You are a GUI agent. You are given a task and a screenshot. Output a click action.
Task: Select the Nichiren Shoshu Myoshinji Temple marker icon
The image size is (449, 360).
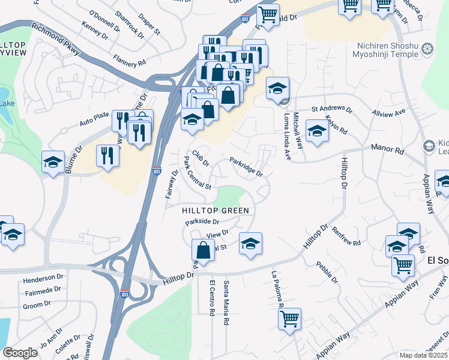click(427, 49)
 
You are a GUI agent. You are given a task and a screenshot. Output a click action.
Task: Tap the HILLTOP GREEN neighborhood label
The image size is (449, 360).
click(215, 211)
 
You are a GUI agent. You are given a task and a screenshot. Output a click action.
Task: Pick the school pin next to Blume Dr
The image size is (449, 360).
click(53, 162)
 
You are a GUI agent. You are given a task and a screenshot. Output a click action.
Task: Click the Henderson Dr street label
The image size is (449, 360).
click(43, 279)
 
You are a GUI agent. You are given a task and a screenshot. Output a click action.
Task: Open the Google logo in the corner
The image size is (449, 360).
click(20, 353)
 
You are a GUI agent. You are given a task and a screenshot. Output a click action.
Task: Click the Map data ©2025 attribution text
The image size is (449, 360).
click(424, 355)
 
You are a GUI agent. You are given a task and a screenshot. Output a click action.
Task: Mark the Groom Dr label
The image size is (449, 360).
click(37, 305)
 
